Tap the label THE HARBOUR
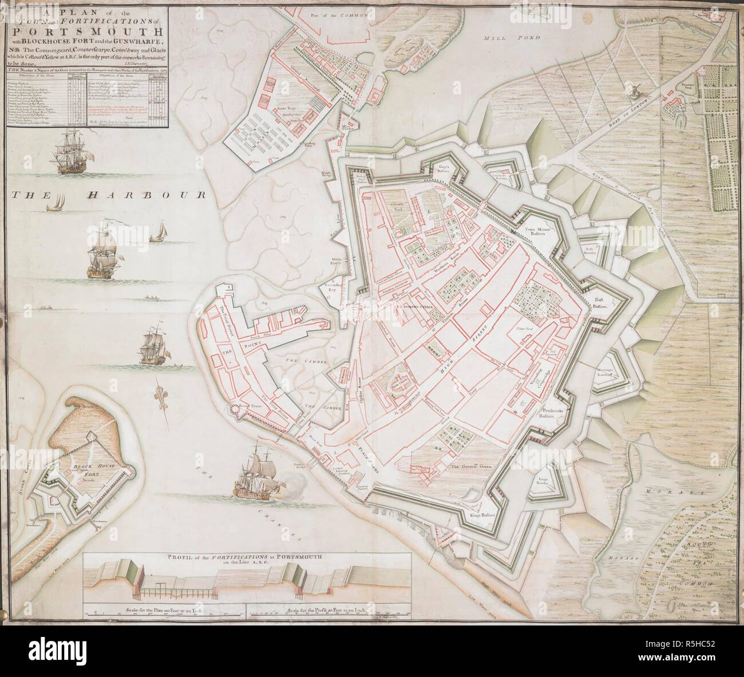click(x=108, y=195)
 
